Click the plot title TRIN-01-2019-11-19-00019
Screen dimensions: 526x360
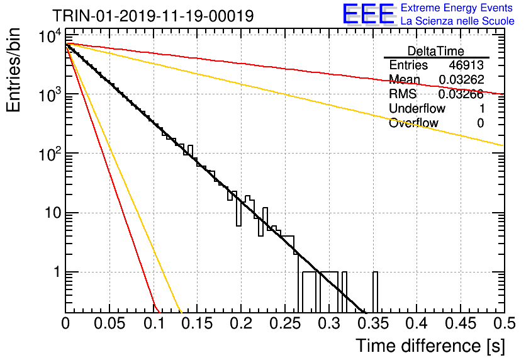[153, 16]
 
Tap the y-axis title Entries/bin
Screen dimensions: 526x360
[13, 70]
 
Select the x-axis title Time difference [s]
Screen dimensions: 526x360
[430, 346]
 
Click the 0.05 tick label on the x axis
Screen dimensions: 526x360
[109, 323]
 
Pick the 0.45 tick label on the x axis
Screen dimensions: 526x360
[461, 323]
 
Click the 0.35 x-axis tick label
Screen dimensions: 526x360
[372, 323]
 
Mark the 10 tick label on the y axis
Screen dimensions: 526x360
[53, 213]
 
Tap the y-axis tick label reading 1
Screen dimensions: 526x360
[57, 272]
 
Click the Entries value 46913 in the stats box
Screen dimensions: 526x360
[466, 65]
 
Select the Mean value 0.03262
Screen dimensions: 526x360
[461, 79]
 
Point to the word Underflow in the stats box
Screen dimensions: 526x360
[417, 108]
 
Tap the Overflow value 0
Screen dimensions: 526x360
[480, 123]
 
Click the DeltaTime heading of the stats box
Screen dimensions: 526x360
[436, 51]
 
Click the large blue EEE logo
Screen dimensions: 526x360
[369, 14]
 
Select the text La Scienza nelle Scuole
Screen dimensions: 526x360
[457, 21]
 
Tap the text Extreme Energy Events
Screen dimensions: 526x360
[457, 8]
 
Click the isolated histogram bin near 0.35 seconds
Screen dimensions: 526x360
[375, 292]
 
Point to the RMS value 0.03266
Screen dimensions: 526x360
[461, 94]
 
